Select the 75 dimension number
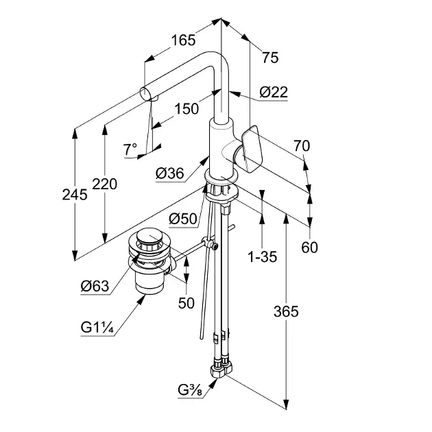[x=270, y=58]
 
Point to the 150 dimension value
[x=187, y=108]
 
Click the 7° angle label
[x=130, y=148]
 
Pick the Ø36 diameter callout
[x=169, y=173]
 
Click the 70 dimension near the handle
[x=301, y=145]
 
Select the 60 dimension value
[x=310, y=247]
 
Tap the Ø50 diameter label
[x=182, y=219]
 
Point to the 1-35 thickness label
[x=262, y=257]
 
